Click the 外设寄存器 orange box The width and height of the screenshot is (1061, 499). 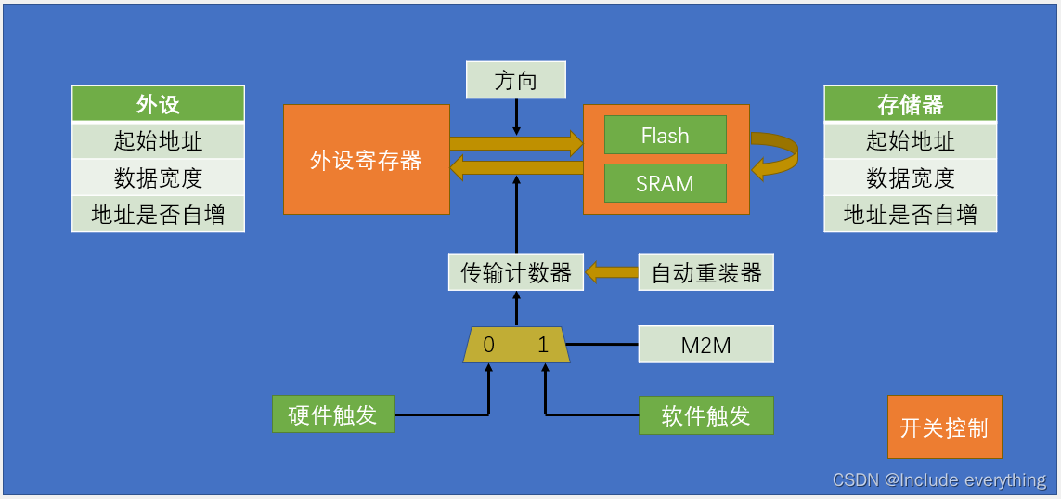point(367,160)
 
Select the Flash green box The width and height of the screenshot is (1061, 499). point(665,136)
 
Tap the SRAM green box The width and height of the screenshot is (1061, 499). point(665,183)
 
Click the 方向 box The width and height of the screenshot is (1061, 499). point(515,81)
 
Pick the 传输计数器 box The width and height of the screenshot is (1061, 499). point(516,272)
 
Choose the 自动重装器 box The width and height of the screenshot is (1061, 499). point(705,272)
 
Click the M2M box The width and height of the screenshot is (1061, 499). point(705,345)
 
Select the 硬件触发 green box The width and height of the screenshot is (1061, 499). point(333,414)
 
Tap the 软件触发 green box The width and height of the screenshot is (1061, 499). point(705,415)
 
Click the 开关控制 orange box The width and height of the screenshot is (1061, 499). point(944,427)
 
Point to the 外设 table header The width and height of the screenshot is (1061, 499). point(158,104)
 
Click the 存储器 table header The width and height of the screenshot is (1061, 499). point(910,104)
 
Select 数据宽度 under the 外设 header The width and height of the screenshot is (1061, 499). point(158,177)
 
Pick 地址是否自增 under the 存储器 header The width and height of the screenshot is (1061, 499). point(910,215)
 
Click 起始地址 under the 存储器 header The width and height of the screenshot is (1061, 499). point(910,141)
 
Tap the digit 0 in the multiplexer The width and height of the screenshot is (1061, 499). point(489,346)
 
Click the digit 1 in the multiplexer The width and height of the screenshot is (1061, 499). point(543,346)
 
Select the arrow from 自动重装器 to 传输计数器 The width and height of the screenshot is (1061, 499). point(611,272)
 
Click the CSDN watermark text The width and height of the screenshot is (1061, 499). point(938,479)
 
